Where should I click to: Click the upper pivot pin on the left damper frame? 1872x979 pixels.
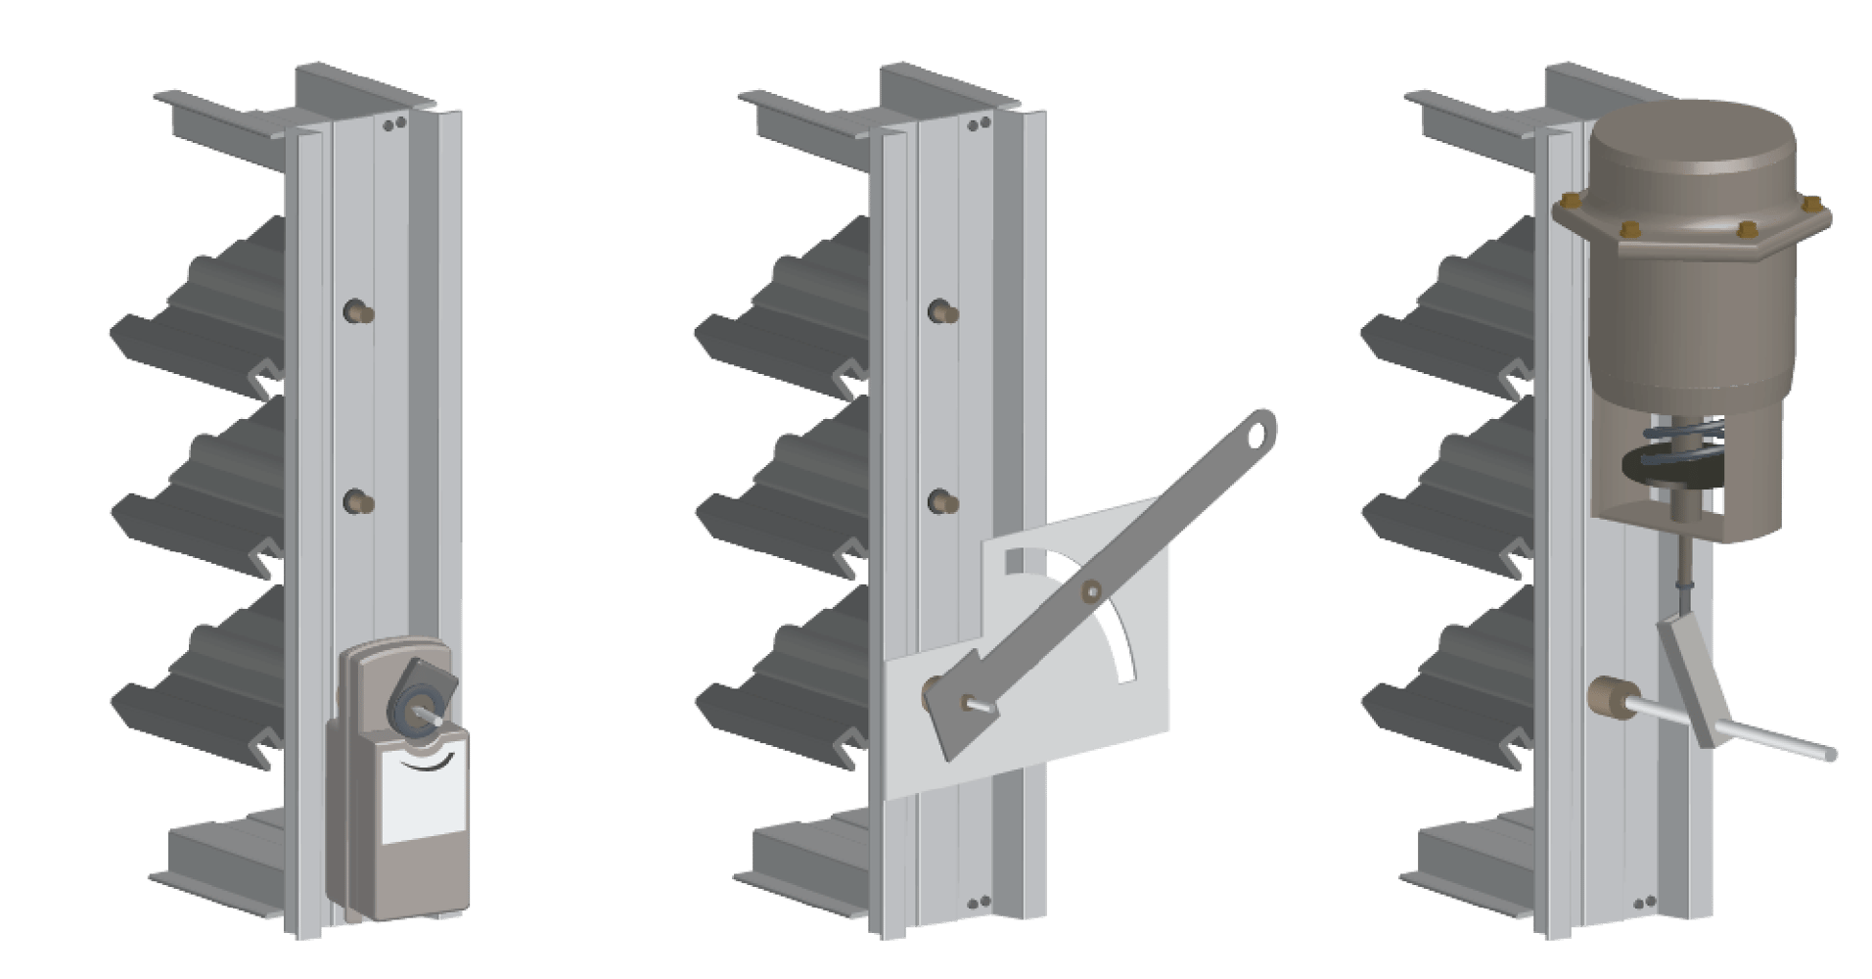[x=358, y=312]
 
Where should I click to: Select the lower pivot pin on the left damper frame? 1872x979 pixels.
[x=358, y=502]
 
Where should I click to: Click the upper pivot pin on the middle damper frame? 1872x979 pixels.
[x=941, y=312]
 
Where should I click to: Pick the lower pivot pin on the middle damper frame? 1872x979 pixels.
[x=941, y=502]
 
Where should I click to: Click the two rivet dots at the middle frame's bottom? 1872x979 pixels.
[x=974, y=904]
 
